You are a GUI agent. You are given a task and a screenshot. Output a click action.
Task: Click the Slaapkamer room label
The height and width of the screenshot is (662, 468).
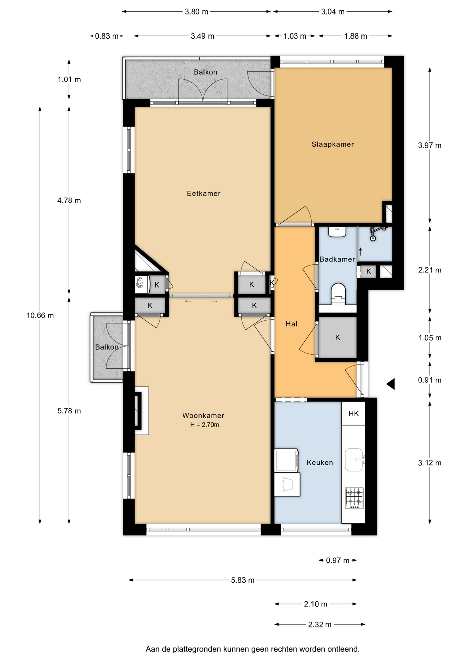tap(333, 144)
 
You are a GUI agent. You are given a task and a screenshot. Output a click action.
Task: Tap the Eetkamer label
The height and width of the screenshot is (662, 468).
tap(204, 193)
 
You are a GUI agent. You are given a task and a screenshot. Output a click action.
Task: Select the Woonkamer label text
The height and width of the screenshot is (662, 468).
tap(203, 415)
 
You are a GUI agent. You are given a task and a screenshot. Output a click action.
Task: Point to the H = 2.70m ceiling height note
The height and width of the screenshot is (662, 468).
tap(205, 425)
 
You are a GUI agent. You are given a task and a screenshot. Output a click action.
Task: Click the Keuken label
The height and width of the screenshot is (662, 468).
tap(320, 462)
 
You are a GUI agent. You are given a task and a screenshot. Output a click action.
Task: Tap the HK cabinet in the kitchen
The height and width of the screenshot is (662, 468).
tap(354, 413)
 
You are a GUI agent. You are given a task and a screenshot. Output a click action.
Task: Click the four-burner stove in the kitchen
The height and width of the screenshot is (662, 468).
tap(354, 498)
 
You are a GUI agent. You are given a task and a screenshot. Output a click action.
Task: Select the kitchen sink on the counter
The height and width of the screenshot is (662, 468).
tap(354, 460)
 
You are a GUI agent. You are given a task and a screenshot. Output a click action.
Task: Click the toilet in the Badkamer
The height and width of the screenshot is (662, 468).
tap(338, 294)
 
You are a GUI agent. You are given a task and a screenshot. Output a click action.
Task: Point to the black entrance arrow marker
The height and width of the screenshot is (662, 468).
tap(391, 384)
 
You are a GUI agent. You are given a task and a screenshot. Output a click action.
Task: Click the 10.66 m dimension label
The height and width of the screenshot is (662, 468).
tap(40, 315)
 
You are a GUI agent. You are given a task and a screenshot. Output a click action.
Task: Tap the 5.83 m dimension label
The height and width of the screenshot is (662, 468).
tap(243, 580)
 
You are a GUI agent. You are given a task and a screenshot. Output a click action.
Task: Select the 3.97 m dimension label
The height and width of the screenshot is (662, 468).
tap(430, 145)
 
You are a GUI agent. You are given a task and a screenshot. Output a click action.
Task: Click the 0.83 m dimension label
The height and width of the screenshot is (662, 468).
tap(107, 36)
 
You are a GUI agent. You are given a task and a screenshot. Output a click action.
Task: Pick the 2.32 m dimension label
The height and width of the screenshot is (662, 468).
tap(320, 624)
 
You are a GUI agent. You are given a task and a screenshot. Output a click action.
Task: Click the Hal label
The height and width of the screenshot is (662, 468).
tap(292, 324)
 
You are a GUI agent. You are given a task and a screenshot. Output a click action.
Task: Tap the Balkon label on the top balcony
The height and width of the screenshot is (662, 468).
tap(206, 72)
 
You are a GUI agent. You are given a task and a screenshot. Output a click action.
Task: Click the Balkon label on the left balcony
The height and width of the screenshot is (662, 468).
tap(107, 347)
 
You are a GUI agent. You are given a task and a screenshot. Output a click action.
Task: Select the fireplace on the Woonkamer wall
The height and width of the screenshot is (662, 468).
tap(138, 411)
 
